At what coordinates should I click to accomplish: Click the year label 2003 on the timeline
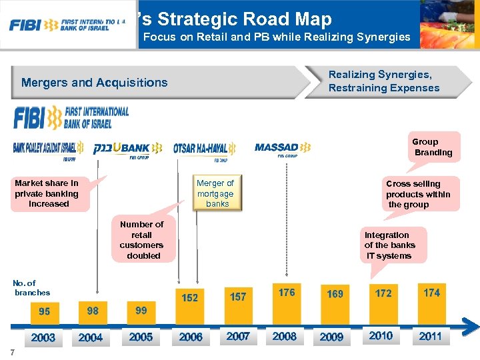(43, 337)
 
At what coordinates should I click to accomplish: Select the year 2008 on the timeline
(285, 336)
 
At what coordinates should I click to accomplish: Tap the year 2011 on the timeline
(430, 336)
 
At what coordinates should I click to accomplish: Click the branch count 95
(44, 311)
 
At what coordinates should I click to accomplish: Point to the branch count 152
(190, 297)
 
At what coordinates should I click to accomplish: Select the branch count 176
(287, 292)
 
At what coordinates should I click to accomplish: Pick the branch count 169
(335, 293)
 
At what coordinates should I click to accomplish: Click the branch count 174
(431, 292)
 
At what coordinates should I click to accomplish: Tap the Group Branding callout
(433, 147)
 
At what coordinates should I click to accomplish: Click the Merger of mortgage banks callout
(215, 193)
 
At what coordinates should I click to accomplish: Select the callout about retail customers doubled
(141, 240)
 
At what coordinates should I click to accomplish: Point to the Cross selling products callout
(418, 194)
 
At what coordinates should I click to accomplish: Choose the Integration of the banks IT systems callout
(389, 245)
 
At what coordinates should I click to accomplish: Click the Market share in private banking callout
(47, 193)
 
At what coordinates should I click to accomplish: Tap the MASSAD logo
(283, 148)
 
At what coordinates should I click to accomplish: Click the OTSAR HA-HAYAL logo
(205, 149)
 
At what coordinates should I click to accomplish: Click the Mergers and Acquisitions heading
(95, 83)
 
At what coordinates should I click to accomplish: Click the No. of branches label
(31, 288)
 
